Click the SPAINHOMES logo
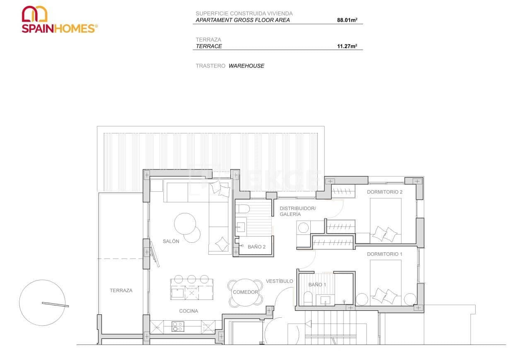(x=59, y=19)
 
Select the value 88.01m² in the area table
(x=347, y=20)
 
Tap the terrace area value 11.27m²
(x=347, y=46)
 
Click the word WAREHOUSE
(x=246, y=66)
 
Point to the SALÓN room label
(x=171, y=242)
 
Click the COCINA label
(x=189, y=311)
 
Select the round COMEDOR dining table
(x=245, y=292)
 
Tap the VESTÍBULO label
(x=279, y=281)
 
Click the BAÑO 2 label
(x=256, y=247)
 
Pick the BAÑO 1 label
(x=317, y=285)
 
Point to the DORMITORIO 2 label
(x=384, y=192)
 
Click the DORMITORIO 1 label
(x=384, y=254)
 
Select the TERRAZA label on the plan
(x=121, y=290)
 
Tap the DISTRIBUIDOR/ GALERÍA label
(x=297, y=211)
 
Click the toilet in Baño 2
(x=242, y=208)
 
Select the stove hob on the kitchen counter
(x=178, y=326)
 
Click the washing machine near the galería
(x=304, y=228)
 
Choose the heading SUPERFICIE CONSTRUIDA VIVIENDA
(x=244, y=13)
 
